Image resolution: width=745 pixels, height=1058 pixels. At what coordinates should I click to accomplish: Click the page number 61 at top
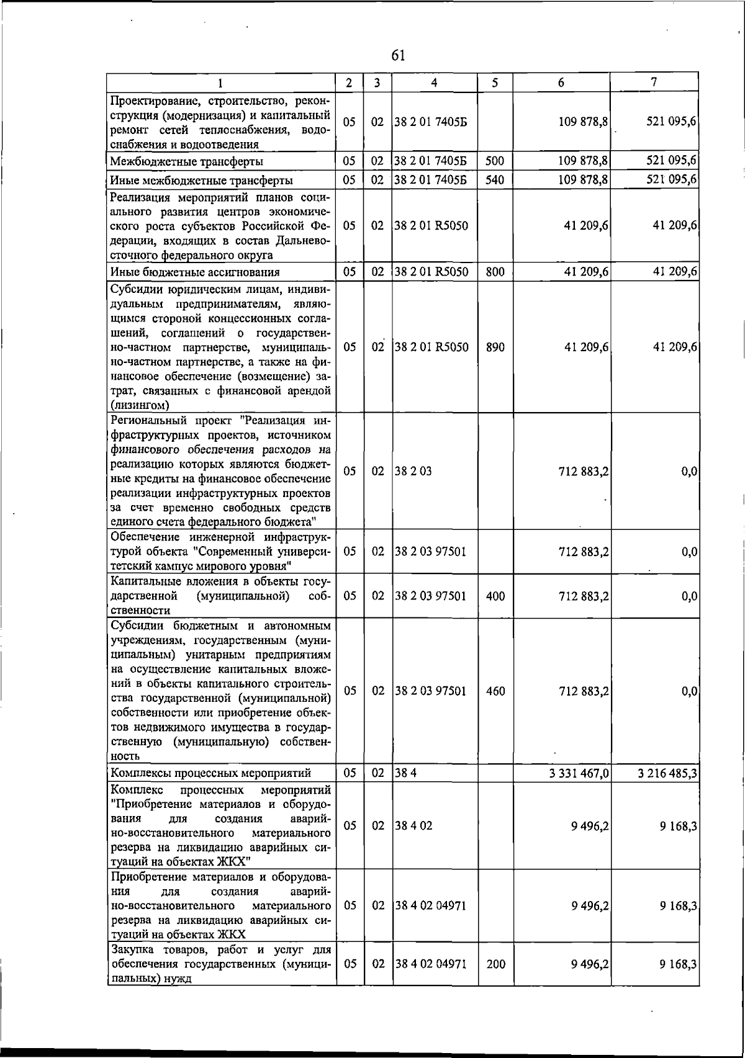pyautogui.click(x=399, y=56)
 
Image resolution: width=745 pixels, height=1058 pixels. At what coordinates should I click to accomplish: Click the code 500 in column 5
pyautogui.click(x=495, y=161)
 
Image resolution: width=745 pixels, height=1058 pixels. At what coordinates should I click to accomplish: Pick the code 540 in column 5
pyautogui.click(x=495, y=181)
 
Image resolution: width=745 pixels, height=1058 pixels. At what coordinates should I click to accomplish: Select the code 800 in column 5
pyautogui.click(x=495, y=272)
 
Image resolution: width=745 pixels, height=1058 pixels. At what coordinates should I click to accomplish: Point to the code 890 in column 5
pyautogui.click(x=495, y=347)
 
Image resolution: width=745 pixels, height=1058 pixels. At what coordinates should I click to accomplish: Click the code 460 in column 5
pyautogui.click(x=495, y=691)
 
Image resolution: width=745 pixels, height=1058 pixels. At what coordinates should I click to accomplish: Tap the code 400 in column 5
pyautogui.click(x=495, y=596)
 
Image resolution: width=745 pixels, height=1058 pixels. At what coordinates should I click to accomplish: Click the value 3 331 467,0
pyautogui.click(x=579, y=773)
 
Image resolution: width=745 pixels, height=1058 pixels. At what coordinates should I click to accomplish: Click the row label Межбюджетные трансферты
pyautogui.click(x=186, y=162)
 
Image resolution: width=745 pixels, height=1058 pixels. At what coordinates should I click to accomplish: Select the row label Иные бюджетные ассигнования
pyautogui.click(x=195, y=272)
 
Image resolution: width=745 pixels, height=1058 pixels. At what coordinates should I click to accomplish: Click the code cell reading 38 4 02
pyautogui.click(x=413, y=826)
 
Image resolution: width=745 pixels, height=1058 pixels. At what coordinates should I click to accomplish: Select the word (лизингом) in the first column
pyautogui.click(x=140, y=406)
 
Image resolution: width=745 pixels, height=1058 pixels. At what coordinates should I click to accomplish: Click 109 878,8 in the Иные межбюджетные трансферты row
pyautogui.click(x=583, y=181)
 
